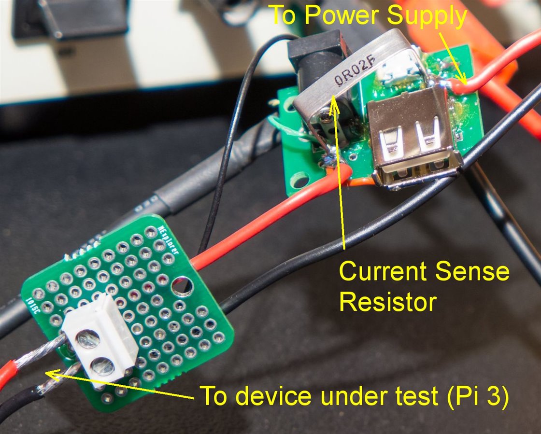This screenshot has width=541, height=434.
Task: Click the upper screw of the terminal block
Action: (88, 339)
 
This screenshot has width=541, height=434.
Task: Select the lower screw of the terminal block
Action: (103, 366)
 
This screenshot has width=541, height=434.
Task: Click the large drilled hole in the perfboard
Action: (182, 286)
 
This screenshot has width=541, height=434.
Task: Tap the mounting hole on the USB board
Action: (300, 181)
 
